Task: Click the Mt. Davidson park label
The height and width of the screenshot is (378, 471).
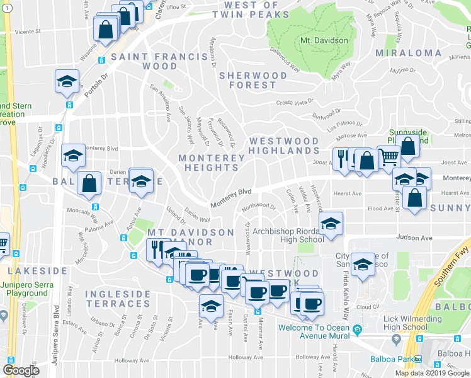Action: (x=324, y=40)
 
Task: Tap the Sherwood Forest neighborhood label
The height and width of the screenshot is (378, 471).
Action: (x=247, y=80)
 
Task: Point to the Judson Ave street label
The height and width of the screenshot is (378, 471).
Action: (x=414, y=238)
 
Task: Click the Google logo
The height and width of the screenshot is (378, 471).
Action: (x=21, y=370)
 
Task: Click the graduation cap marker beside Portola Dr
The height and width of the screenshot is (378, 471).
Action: (x=66, y=83)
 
